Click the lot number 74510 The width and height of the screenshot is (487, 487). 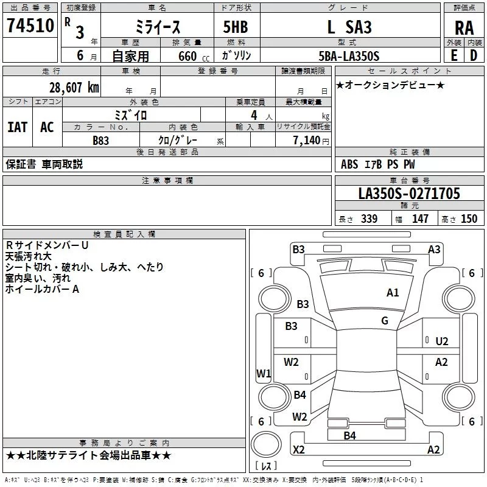coord(31,26)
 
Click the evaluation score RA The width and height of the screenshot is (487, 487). coord(464,28)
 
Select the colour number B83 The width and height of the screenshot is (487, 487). coord(101,140)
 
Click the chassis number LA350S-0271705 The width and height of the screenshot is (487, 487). coord(409,194)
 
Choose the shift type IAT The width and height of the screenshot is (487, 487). coord(17,127)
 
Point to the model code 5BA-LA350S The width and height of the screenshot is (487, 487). coord(349,56)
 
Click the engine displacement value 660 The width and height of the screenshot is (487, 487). coord(187,56)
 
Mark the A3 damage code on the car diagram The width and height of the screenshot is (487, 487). coord(434,249)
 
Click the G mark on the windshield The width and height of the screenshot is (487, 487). coord(385,321)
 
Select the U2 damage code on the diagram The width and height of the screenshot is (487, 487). coord(442,342)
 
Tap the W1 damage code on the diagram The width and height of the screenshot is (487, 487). coord(263,373)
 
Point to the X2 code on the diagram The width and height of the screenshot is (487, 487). coord(298,450)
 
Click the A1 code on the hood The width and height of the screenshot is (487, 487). coord(393,293)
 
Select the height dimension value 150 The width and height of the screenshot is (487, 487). coord(469,219)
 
